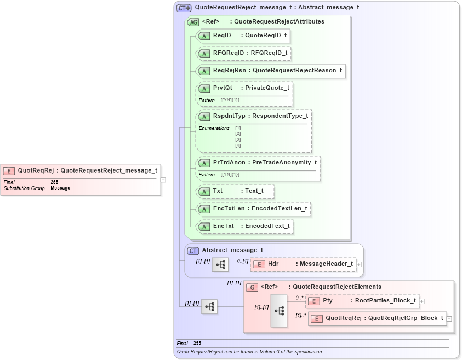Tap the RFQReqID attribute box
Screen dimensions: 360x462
[x=243, y=53]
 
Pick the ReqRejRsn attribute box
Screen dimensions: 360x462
[x=271, y=71]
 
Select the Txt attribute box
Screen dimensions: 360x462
[x=235, y=191]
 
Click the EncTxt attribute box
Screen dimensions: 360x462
[x=244, y=226]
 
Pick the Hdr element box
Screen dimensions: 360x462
[x=304, y=264]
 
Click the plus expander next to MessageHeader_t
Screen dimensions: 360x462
[x=359, y=264]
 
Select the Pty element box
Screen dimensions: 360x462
[x=362, y=301]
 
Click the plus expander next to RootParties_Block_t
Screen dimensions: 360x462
[x=421, y=301]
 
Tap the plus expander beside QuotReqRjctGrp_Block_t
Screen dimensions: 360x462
[x=449, y=318]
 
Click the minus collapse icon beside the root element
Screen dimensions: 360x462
[x=163, y=179]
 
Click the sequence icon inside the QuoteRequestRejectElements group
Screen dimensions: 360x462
[x=278, y=310]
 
